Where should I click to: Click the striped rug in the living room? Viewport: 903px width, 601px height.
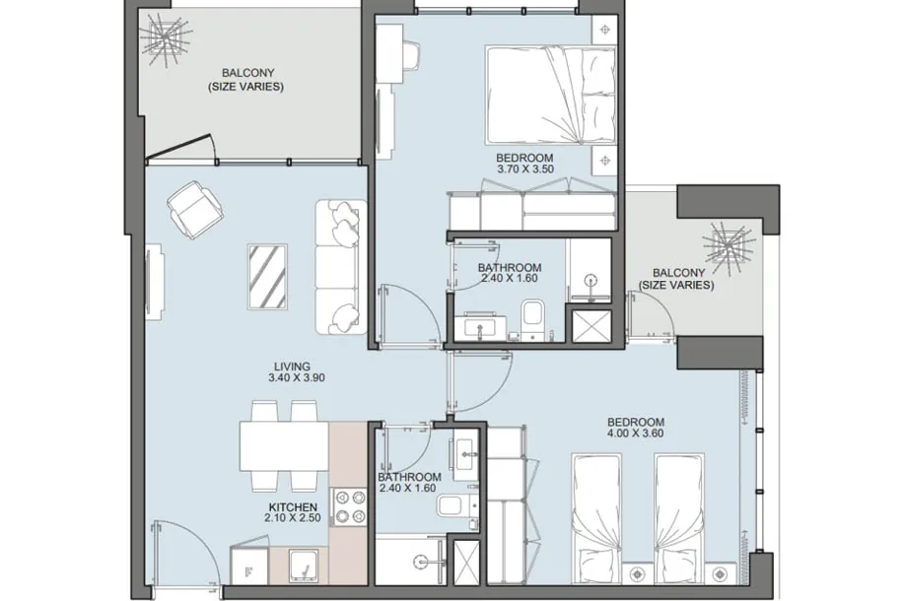(267, 276)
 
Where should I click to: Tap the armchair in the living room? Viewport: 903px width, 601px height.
(195, 210)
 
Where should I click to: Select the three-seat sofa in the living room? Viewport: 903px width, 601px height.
(341, 267)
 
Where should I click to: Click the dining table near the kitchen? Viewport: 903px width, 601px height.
(284, 446)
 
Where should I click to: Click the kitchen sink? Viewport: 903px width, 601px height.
(304, 565)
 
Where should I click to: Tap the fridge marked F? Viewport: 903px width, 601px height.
(249, 566)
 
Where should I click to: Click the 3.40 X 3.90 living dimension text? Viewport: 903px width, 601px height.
(296, 378)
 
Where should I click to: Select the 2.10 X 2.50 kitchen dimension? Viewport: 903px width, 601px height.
(293, 518)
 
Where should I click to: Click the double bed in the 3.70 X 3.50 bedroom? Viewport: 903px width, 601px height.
(550, 95)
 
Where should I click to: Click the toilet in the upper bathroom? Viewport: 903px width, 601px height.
(532, 318)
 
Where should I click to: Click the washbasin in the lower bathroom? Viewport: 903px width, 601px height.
(464, 455)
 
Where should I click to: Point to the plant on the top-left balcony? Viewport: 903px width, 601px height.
(166, 38)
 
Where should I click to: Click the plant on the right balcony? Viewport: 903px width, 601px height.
(729, 247)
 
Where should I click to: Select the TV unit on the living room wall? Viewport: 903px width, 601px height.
(154, 282)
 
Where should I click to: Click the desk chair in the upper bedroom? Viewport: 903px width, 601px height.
(410, 56)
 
